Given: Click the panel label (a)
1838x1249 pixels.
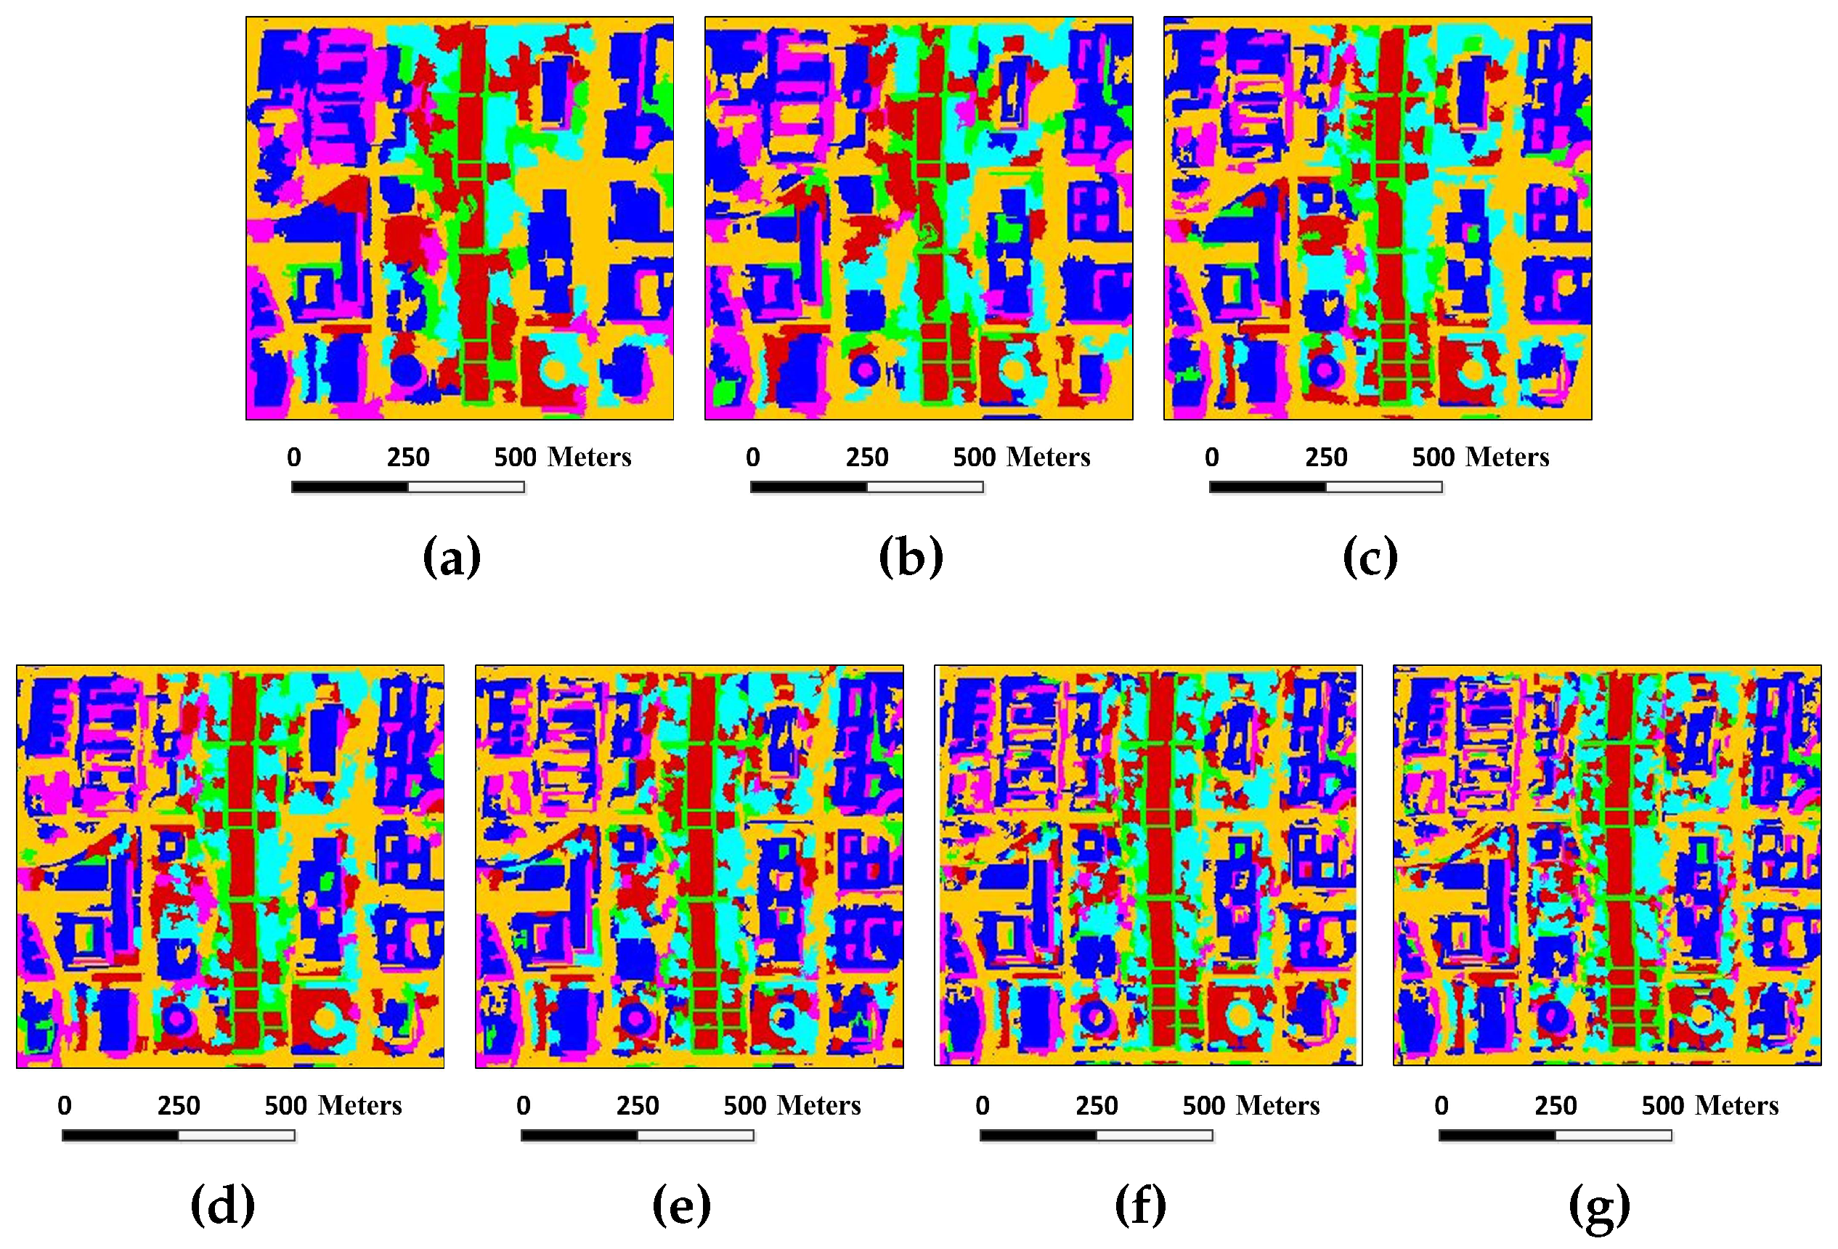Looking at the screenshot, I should (452, 557).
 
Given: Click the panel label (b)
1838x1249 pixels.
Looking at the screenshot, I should (911, 557).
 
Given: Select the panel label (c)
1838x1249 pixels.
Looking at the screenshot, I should (1370, 557).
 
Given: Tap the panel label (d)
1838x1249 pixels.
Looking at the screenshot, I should (223, 1205).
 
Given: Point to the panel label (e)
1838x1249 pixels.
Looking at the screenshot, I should (682, 1205).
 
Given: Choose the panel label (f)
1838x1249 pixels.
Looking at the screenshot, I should (1140, 1205).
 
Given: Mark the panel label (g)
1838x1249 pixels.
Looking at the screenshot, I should (1599, 1206).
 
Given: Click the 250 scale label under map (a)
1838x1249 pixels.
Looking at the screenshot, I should (408, 457).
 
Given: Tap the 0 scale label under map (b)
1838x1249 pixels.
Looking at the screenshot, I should (753, 457).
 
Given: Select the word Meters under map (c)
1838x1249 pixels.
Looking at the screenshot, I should (1508, 457).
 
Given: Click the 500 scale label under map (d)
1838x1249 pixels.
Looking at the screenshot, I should (285, 1105).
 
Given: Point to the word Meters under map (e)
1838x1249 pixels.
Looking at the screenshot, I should (819, 1105).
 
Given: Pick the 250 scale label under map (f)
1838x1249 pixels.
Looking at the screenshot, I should (1096, 1105).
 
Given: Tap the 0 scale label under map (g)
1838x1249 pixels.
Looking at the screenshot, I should (1441, 1105).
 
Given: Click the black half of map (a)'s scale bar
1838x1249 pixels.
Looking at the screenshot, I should (349, 487).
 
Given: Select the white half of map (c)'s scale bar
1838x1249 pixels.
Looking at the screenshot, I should (1384, 487).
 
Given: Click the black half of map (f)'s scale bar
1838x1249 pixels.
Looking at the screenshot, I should (1038, 1135).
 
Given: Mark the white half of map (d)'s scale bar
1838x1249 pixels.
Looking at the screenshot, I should (237, 1135).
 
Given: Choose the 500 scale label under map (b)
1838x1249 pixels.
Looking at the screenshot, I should (975, 457).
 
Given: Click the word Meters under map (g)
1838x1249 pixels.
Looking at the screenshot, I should (1737, 1105).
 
